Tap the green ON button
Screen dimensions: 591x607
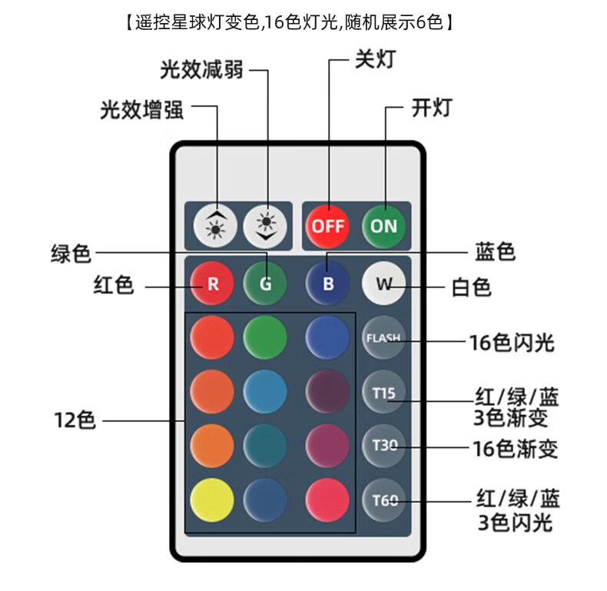pyautogui.click(x=383, y=226)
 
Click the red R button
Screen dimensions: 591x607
pyautogui.click(x=213, y=284)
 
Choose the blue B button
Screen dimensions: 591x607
pyautogui.click(x=328, y=284)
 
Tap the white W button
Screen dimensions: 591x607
pyautogui.click(x=383, y=284)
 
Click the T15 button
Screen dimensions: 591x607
pyautogui.click(x=383, y=393)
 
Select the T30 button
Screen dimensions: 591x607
pyautogui.click(x=383, y=446)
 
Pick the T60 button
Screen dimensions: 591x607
pyautogui.click(x=383, y=500)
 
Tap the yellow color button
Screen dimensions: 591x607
pyautogui.click(x=211, y=500)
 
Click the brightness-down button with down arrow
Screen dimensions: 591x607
pyautogui.click(x=266, y=226)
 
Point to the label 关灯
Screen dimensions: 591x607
pyautogui.click(x=374, y=59)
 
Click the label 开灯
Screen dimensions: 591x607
pyautogui.click(x=431, y=108)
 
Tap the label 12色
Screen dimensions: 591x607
pyautogui.click(x=75, y=420)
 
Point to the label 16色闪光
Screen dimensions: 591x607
pyautogui.click(x=512, y=343)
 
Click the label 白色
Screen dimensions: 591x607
pyautogui.click(x=471, y=287)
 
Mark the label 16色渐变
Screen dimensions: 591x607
pyautogui.click(x=515, y=448)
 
